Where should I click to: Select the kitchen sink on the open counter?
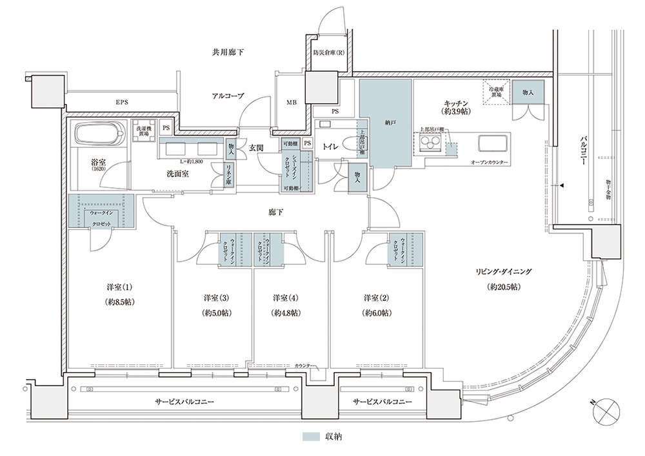[x=493, y=143]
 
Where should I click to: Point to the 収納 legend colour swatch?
[x=312, y=437]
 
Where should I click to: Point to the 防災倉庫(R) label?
[x=328, y=53]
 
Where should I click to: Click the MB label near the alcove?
[x=292, y=101]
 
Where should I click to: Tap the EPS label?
[x=121, y=102]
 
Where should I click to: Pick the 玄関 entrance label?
[x=255, y=148]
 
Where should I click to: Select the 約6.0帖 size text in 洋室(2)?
[x=376, y=313]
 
